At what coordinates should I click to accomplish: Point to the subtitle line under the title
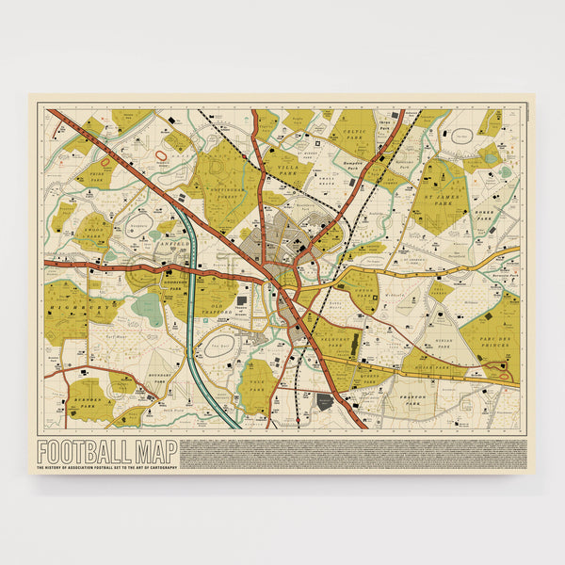click(106, 467)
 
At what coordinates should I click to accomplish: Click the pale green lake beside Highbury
click(147, 309)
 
